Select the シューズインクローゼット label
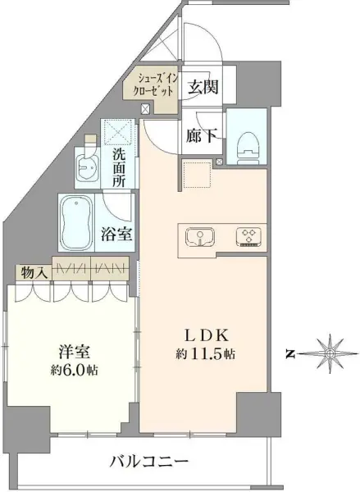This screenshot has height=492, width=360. (x=149, y=86)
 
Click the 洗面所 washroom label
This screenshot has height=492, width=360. (x=117, y=167)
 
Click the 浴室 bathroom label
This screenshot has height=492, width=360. (x=118, y=234)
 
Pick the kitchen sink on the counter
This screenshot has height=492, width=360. (x=199, y=237)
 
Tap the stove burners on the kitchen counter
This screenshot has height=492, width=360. (x=247, y=237)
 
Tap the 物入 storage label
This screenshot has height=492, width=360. (x=34, y=271)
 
